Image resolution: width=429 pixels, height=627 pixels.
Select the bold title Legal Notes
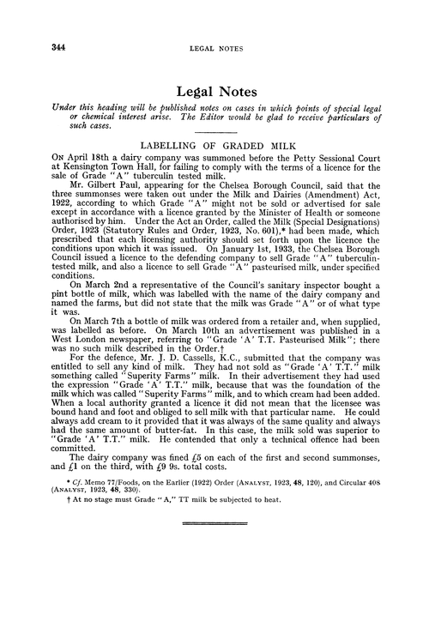coord(214,88)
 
